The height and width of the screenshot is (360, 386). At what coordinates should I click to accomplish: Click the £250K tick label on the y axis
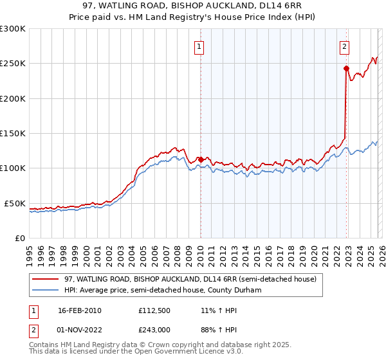point(13,64)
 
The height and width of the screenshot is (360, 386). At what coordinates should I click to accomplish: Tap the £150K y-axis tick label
point(13,133)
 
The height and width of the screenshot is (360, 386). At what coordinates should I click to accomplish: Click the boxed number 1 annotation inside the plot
point(200,46)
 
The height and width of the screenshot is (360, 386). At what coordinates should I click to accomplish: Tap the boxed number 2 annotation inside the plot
point(345,46)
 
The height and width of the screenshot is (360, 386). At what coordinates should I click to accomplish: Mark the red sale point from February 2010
point(201,159)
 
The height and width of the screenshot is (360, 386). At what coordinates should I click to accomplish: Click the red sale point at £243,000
point(346,68)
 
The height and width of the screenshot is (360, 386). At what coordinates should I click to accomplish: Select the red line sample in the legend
point(46,280)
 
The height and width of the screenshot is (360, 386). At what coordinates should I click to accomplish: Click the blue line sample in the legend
point(46,290)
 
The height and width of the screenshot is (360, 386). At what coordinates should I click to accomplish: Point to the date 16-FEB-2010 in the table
point(79,310)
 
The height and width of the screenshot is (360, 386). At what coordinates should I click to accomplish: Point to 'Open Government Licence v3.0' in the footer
point(184,352)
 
